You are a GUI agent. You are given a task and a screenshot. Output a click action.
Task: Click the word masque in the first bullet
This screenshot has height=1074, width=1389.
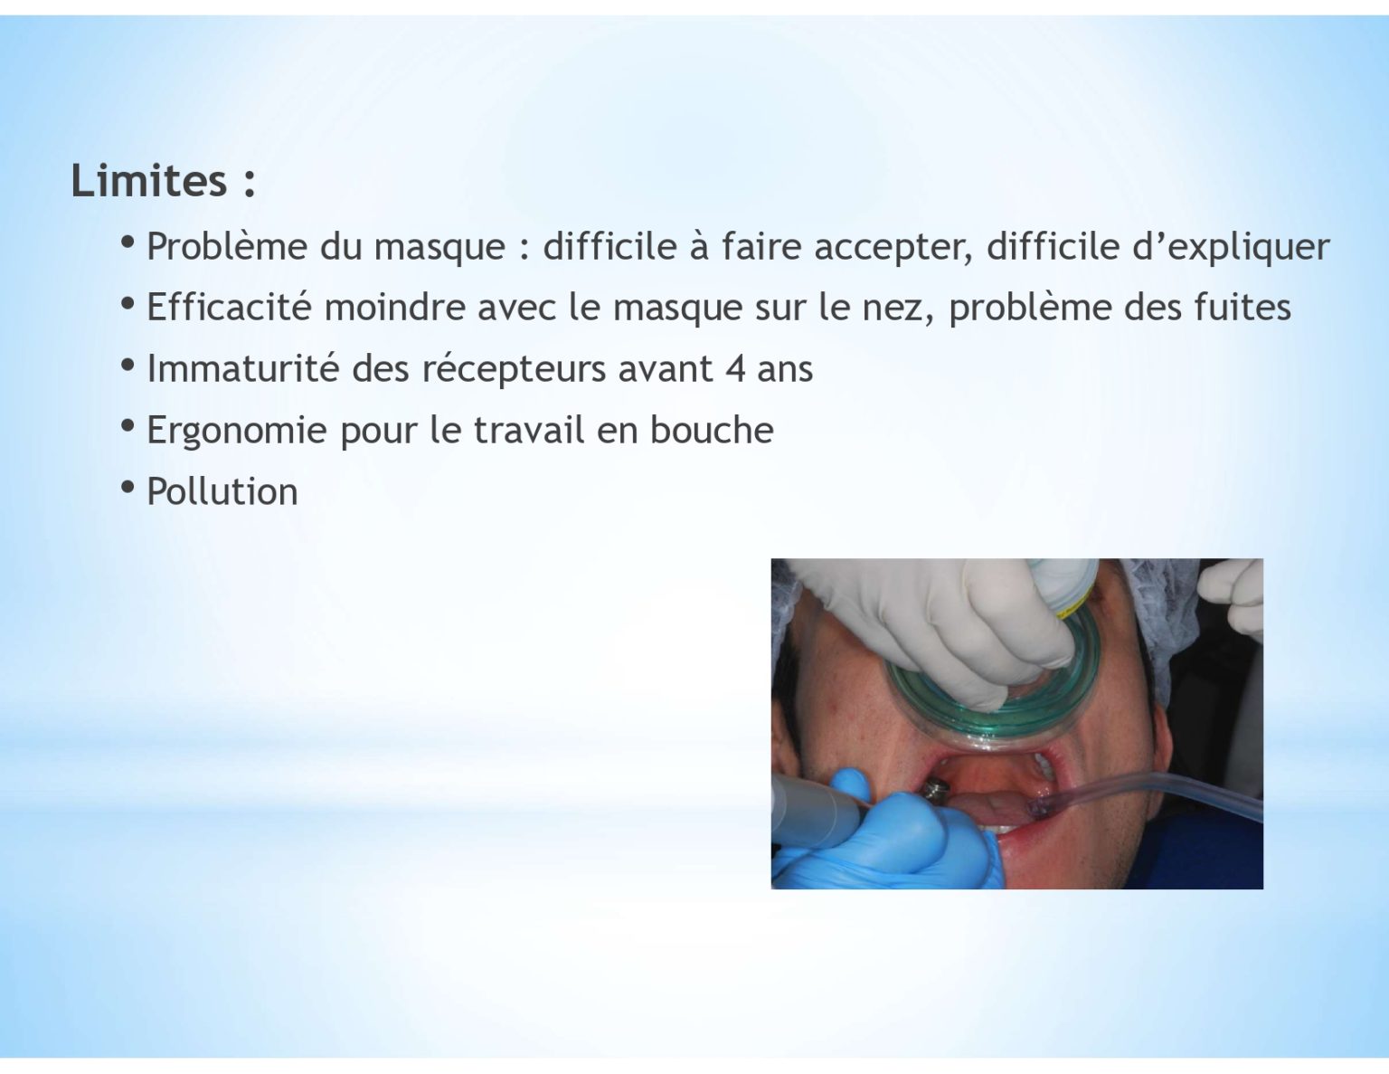[439, 248]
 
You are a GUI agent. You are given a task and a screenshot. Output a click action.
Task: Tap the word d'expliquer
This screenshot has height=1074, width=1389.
[1231, 247]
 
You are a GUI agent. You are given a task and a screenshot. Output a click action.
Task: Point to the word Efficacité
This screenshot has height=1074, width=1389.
[230, 307]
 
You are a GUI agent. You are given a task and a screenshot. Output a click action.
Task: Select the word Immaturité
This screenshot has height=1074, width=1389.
[243, 369]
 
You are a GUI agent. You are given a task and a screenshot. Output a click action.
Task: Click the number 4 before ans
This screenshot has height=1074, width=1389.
[735, 369]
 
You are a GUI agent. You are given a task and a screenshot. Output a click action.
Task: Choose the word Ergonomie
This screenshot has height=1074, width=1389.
[237, 432]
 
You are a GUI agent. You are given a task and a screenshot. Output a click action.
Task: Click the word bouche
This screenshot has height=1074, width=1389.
[712, 430]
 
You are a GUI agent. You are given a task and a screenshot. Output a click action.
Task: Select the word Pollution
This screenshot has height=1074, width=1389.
[222, 491]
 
